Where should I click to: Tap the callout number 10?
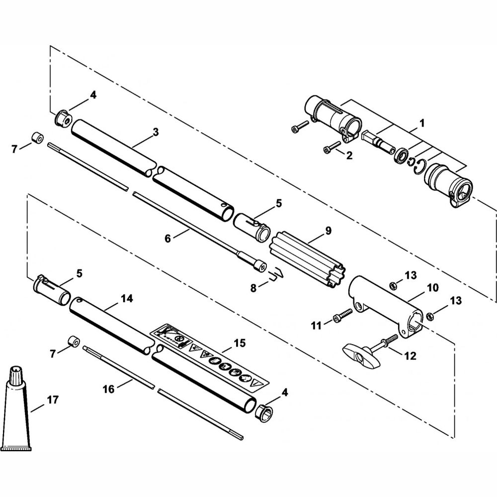coord(432,287)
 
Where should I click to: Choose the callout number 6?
coord(167,238)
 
